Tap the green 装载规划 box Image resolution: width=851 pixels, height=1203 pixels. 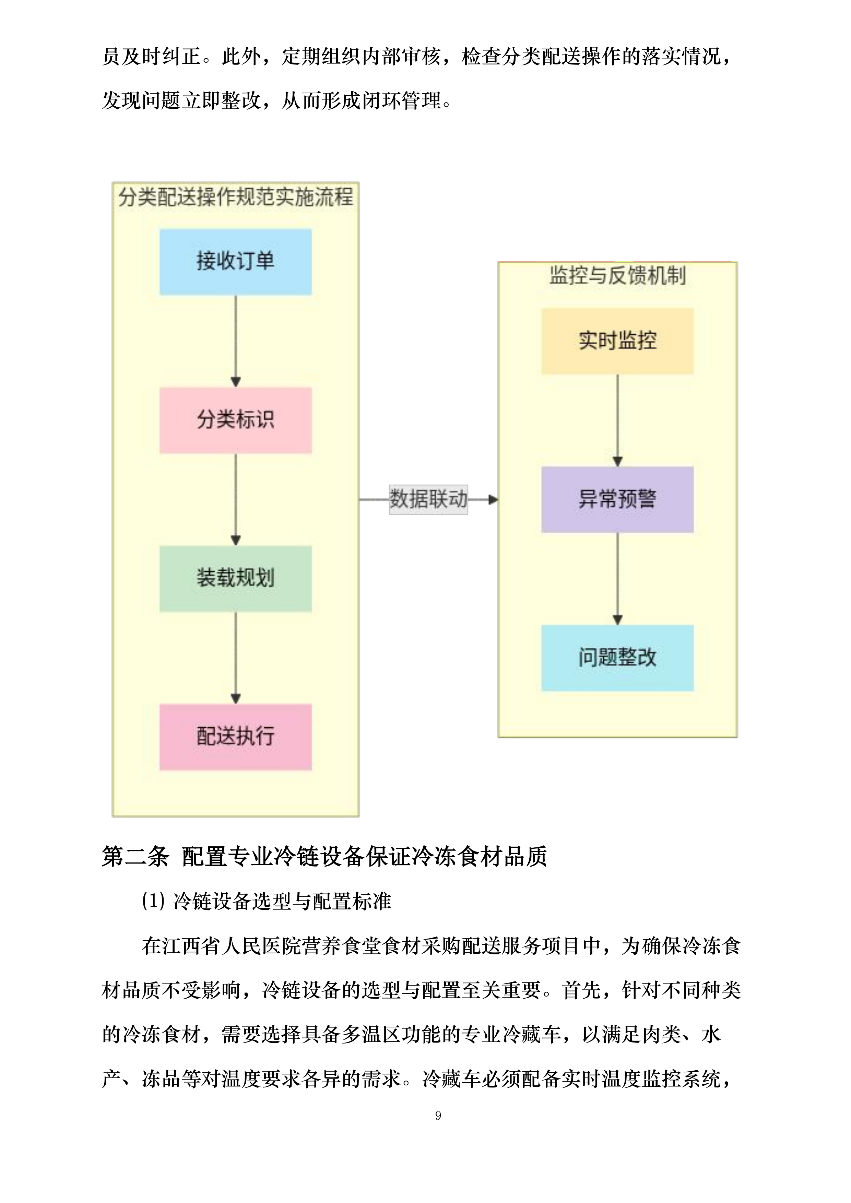coord(235,579)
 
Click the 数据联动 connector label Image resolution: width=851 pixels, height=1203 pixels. coord(428,499)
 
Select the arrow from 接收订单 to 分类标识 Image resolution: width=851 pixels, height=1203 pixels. coord(236,341)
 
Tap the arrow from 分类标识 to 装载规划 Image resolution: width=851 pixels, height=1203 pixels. coord(236,499)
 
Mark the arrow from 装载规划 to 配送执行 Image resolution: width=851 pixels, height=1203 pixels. coord(236,657)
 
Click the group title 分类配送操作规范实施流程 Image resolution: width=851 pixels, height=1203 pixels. coord(235,198)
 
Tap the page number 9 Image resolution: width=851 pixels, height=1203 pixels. coord(438,1116)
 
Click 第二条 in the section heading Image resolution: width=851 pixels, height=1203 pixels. coord(135,857)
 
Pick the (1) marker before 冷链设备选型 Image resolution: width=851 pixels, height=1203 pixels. coord(154,901)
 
